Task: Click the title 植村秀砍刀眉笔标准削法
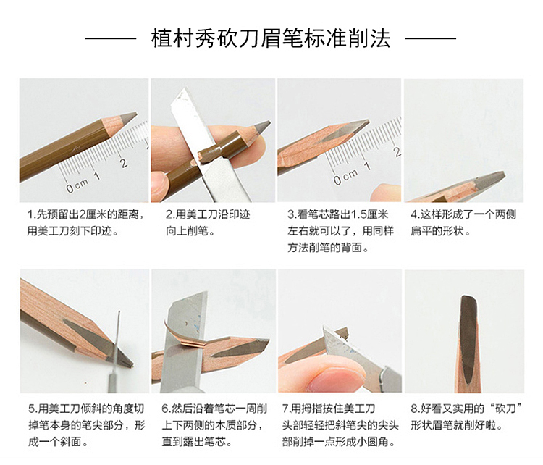[x=271, y=38]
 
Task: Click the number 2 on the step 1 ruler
[x=123, y=162]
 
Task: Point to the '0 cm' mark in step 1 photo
[x=77, y=185]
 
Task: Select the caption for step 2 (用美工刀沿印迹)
[x=207, y=222]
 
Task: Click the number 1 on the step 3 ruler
[x=367, y=166]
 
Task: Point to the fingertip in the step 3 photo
[x=385, y=193]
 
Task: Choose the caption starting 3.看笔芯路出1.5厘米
[x=340, y=231]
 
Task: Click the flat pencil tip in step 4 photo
[x=489, y=181]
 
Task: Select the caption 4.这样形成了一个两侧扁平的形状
[x=463, y=222]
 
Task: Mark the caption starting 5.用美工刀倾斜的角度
[x=86, y=425]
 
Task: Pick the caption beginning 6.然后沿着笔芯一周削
[x=214, y=425]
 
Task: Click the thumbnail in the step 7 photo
[x=328, y=378]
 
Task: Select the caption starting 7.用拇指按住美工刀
[x=340, y=425]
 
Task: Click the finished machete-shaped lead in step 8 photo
[x=468, y=340]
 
